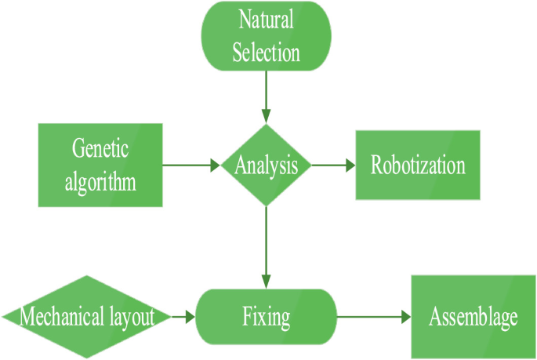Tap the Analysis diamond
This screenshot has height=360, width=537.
click(267, 165)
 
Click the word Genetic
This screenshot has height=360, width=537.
click(100, 148)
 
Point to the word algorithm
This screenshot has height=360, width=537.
click(100, 182)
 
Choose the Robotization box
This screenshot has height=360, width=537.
click(418, 165)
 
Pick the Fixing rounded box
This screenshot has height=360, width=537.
click(267, 317)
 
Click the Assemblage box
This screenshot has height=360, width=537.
click(473, 317)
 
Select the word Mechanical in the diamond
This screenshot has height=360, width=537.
click(60, 318)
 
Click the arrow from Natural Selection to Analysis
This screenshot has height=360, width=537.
click(267, 94)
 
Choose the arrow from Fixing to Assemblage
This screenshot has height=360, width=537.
click(372, 317)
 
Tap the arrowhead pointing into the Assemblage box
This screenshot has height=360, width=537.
click(405, 317)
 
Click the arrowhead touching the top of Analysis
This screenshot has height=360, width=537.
click(267, 118)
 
